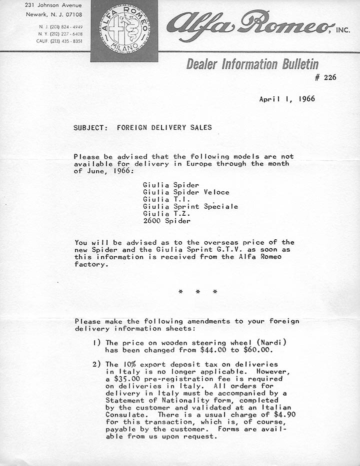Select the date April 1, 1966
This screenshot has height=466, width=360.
[287, 99]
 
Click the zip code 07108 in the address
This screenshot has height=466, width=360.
[73, 14]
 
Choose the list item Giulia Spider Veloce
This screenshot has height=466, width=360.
[186, 192]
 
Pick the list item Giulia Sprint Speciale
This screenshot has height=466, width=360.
[190, 206]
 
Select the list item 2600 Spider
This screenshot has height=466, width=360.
[166, 220]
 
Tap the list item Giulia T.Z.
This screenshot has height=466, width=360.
[162, 213]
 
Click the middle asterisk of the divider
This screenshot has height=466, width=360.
[197, 292]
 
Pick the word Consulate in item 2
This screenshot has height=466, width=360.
[125, 415]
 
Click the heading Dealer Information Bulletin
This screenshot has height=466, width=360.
[252, 64]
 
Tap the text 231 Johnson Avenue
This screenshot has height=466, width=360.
[53, 5]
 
